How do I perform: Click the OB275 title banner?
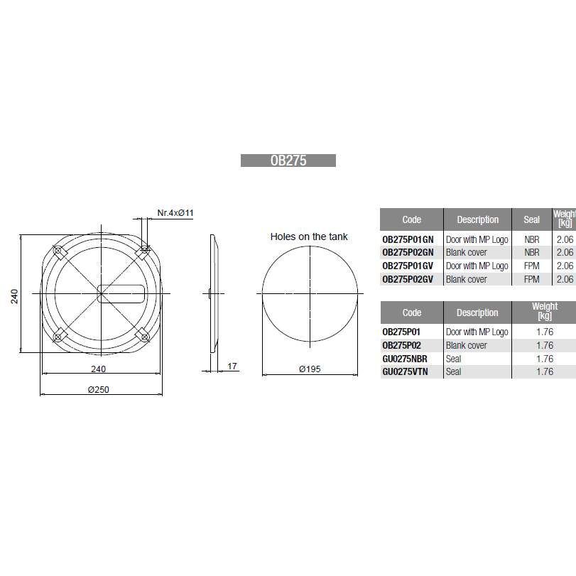click(288, 161)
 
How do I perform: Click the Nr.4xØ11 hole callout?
click(175, 212)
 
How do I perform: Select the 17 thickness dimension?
click(232, 366)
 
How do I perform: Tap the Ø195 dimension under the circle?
click(310, 369)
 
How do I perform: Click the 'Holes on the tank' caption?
click(309, 237)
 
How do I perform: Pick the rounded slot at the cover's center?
click(121, 293)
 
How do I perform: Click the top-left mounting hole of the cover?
click(58, 251)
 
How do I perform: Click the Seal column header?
click(531, 219)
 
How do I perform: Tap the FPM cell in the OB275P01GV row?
click(531, 266)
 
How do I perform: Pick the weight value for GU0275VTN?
click(544, 371)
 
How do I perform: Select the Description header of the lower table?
click(477, 313)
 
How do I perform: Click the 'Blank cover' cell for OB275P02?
click(467, 345)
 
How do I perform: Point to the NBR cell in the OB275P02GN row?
click(531, 252)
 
